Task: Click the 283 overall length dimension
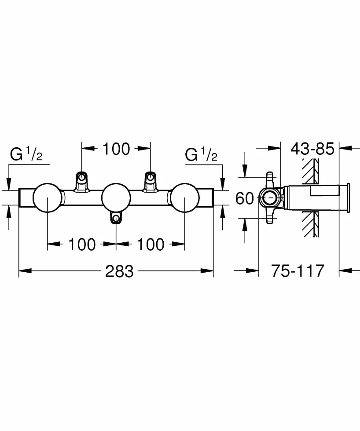(x=119, y=271)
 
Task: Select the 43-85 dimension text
(x=312, y=149)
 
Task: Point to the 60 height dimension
(x=245, y=198)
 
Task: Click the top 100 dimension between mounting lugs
(x=116, y=149)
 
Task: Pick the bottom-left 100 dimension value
(x=82, y=245)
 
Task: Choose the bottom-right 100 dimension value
(x=151, y=245)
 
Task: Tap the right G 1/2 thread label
(x=201, y=154)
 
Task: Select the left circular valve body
(x=47, y=197)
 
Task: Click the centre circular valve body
(x=116, y=197)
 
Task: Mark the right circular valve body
(x=185, y=197)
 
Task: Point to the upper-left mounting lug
(x=81, y=181)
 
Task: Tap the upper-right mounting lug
(x=150, y=181)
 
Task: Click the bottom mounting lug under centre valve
(x=116, y=217)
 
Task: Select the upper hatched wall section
(x=311, y=172)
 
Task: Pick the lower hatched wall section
(x=311, y=224)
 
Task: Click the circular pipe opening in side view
(x=270, y=197)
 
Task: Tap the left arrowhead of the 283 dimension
(x=25, y=271)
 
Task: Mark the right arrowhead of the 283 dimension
(x=207, y=271)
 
